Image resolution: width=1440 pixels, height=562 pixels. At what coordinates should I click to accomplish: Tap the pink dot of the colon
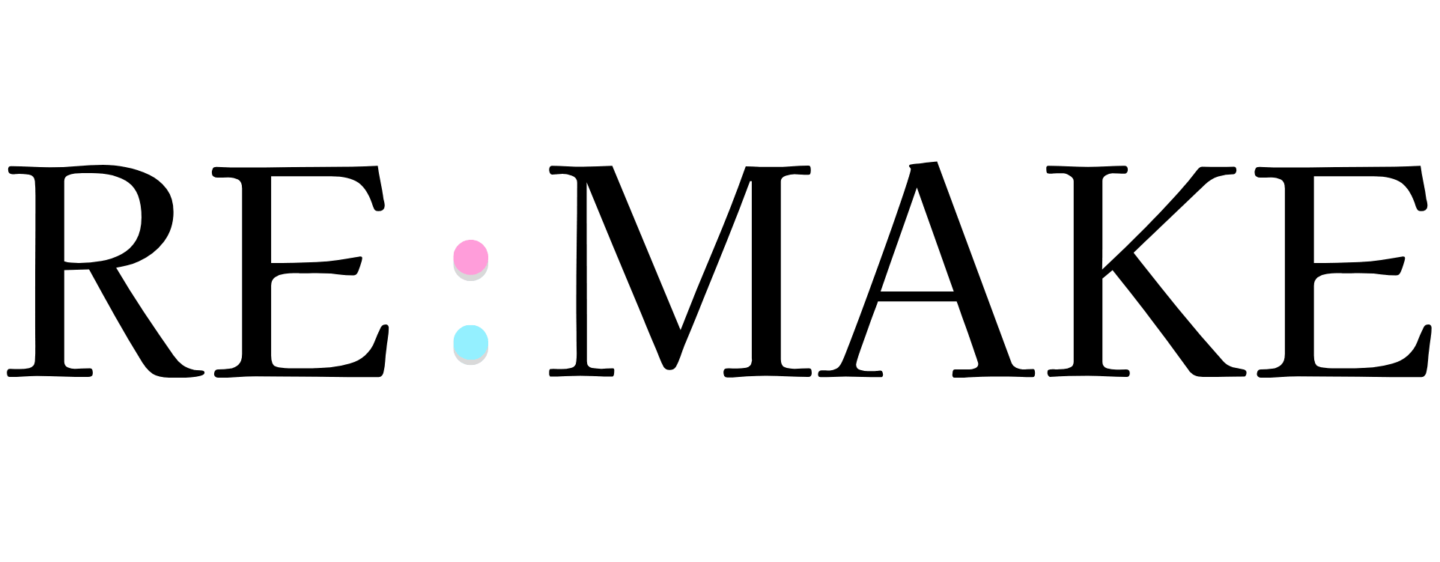[471, 256]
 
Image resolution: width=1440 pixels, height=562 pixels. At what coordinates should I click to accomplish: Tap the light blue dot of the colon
[471, 342]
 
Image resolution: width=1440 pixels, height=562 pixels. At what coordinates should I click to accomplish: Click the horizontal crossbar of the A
[917, 296]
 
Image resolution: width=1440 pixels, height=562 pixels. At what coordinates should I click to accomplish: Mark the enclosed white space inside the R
[97, 217]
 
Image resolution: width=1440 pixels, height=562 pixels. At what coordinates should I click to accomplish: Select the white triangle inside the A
[917, 247]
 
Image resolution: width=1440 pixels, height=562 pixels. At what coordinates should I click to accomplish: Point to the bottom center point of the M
[669, 367]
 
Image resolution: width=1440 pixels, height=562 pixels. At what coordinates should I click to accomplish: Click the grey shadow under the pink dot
[471, 276]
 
